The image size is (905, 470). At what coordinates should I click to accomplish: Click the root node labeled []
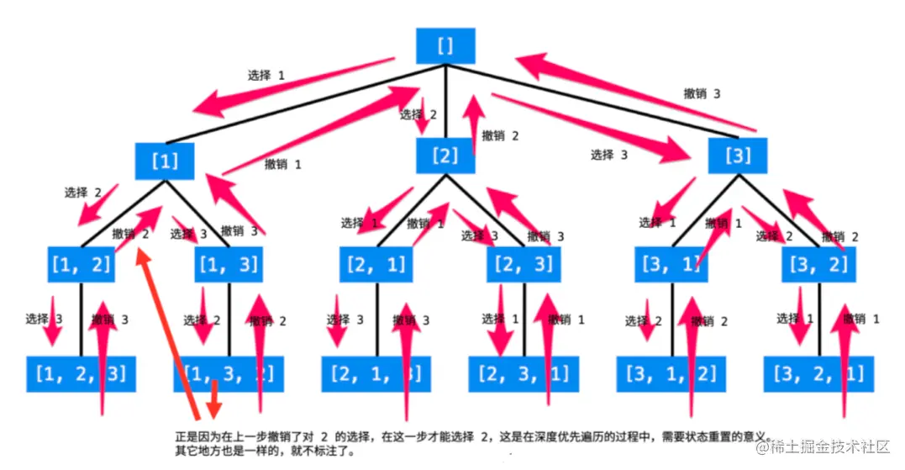pyautogui.click(x=445, y=45)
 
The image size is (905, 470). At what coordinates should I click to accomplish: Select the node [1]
pyautogui.click(x=165, y=161)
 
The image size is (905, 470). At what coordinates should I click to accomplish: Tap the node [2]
pyautogui.click(x=445, y=156)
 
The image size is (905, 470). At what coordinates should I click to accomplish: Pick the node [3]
pyautogui.click(x=737, y=156)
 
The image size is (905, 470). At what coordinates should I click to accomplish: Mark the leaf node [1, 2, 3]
pyautogui.click(x=81, y=373)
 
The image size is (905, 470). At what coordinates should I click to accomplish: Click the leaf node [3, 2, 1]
pyautogui.click(x=818, y=373)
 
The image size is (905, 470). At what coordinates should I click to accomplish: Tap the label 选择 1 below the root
pyautogui.click(x=266, y=76)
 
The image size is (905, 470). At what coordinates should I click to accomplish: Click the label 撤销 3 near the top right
pyautogui.click(x=702, y=94)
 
